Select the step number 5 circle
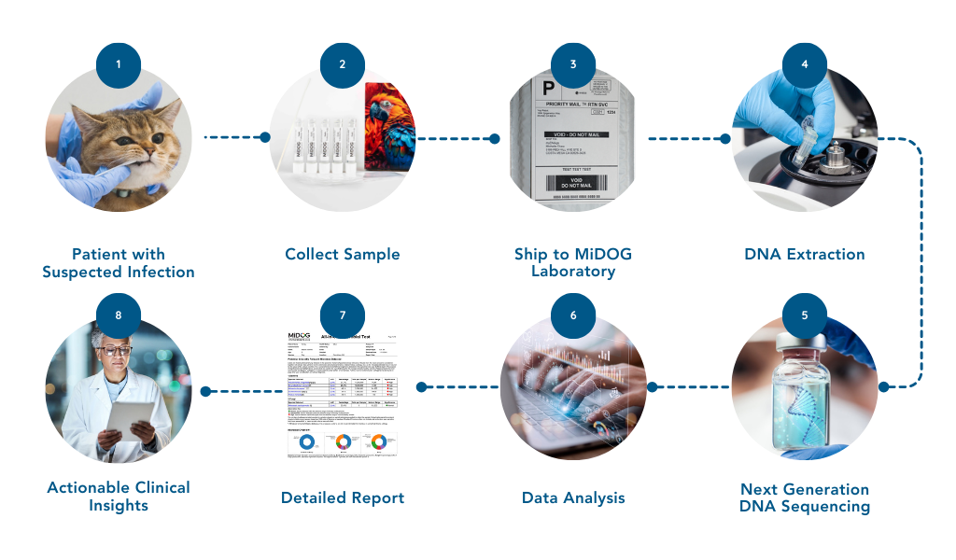pos(805,315)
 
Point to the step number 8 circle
pos(119,315)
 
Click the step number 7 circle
pos(343,315)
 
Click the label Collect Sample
pos(343,254)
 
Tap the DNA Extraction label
pos(805,254)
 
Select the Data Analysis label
pos(573,497)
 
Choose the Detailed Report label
pos(343,497)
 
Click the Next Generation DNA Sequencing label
pos(805,497)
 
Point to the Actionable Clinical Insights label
pos(119,496)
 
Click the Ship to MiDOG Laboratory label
pos(573,262)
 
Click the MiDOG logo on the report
pos(304,337)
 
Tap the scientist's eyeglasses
pos(115,351)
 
